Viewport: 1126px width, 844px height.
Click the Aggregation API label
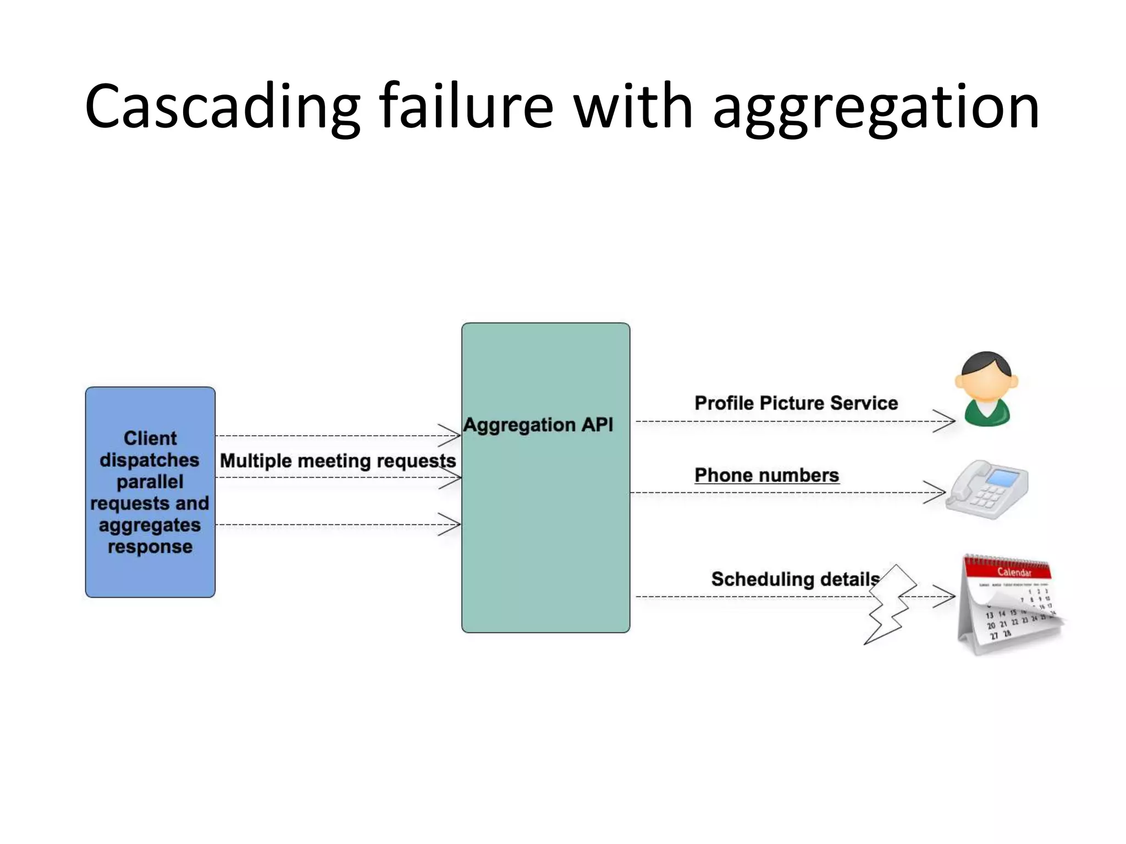point(538,425)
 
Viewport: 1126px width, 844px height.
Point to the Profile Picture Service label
point(796,403)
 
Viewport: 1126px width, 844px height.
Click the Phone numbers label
point(766,475)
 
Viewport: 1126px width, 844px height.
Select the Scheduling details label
point(795,579)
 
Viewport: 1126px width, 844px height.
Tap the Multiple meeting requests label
point(338,460)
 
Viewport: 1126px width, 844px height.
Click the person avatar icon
point(986,389)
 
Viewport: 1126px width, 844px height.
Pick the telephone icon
point(987,489)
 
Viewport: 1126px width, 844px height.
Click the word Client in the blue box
point(150,438)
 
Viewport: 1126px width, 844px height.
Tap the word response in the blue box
point(150,547)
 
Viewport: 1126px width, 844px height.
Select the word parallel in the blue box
point(150,481)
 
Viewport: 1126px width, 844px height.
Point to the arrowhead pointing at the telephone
point(937,492)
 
